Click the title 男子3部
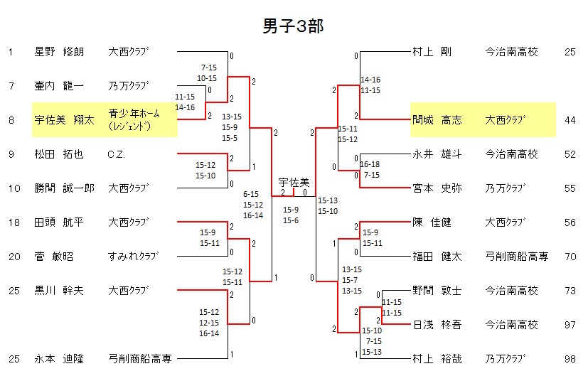pyautogui.click(x=294, y=26)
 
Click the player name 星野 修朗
pyautogui.click(x=59, y=52)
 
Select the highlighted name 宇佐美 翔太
pyautogui.click(x=64, y=120)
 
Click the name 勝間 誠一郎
pyautogui.click(x=64, y=188)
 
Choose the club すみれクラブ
pyautogui.click(x=133, y=257)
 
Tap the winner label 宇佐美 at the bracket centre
pyautogui.click(x=293, y=183)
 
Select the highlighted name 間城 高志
pyautogui.click(x=437, y=120)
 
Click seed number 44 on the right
pyautogui.click(x=570, y=120)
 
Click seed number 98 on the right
pyautogui.click(x=570, y=359)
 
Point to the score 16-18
pyautogui.click(x=370, y=164)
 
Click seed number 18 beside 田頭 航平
pyautogui.click(x=11, y=222)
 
